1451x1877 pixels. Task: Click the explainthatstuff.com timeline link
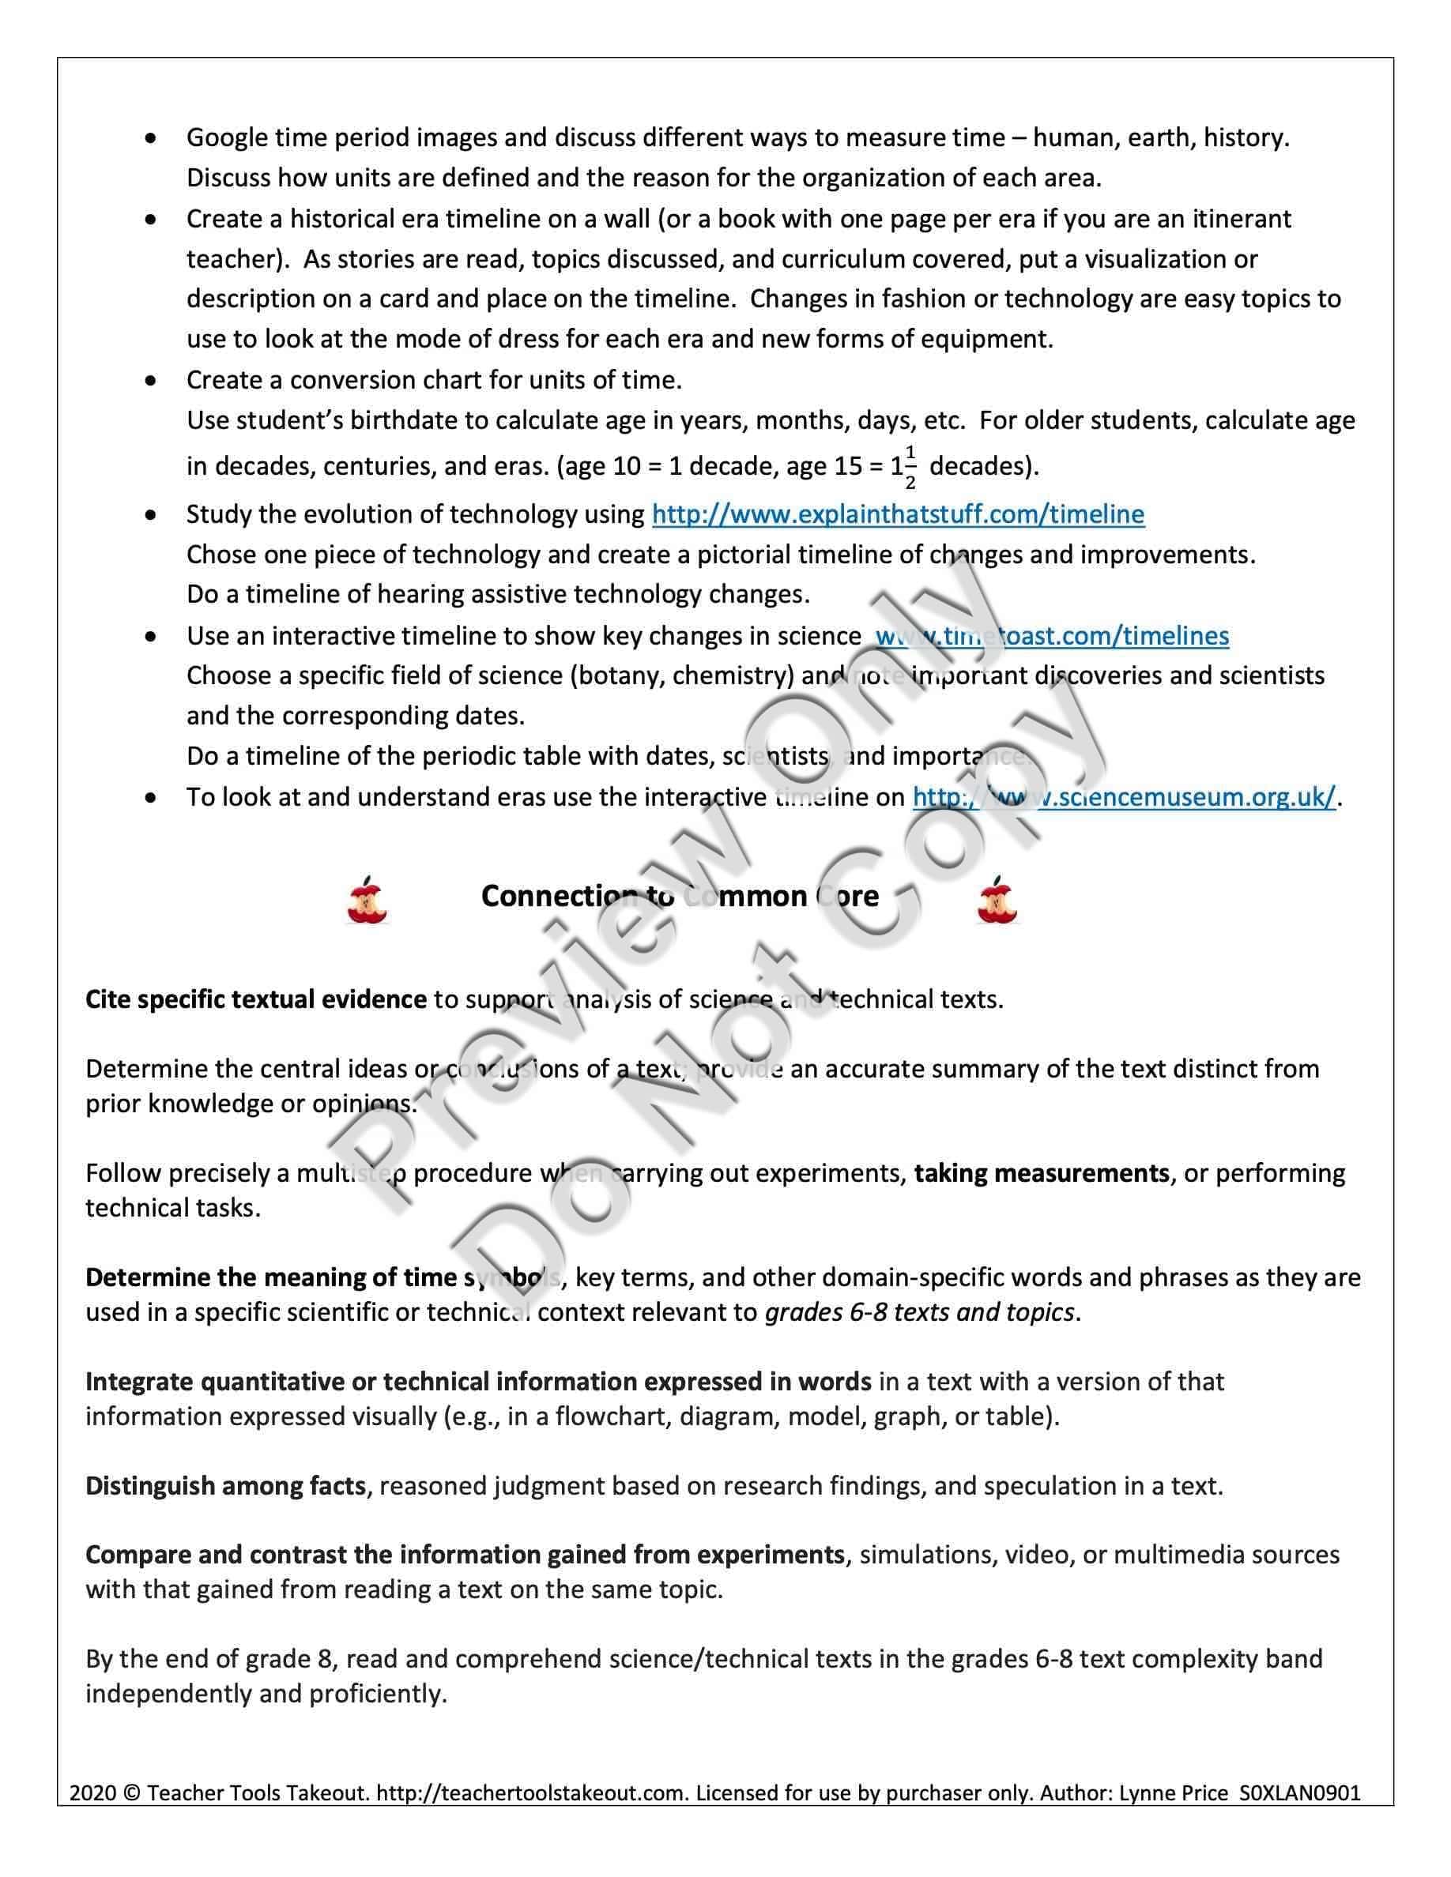898,515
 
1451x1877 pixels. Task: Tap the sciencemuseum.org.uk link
1124,798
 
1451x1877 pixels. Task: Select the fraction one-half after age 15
910,467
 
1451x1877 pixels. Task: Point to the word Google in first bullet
226,138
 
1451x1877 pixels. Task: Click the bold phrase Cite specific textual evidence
255,999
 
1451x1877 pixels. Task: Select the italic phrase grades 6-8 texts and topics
919,1312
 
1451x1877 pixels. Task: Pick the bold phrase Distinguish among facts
225,1486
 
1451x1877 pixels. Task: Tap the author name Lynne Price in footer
1174,1793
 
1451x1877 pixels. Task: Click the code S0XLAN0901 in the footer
1300,1793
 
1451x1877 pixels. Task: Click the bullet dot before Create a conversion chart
151,380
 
